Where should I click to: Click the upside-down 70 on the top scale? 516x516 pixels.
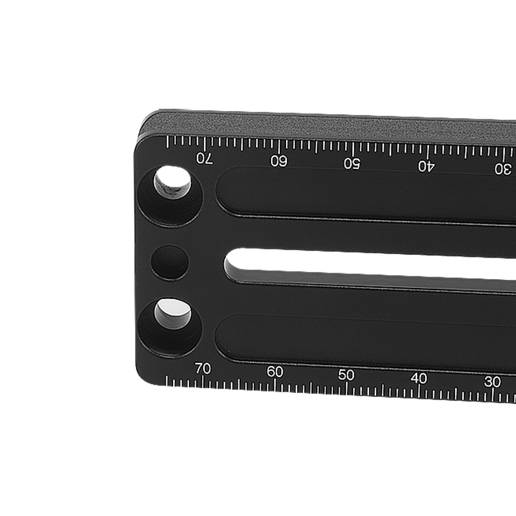click(x=205, y=159)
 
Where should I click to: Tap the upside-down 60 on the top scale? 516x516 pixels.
click(x=279, y=161)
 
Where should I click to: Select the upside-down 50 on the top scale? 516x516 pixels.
click(x=352, y=163)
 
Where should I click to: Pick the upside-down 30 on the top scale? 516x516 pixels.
click(x=503, y=169)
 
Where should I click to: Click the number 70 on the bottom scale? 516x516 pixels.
click(x=203, y=369)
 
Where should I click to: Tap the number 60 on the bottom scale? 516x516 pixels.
click(x=275, y=372)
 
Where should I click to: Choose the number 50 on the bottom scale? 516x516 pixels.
click(x=346, y=375)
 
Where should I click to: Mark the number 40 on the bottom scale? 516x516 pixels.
click(x=419, y=378)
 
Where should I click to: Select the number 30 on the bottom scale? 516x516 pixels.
click(x=492, y=382)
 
